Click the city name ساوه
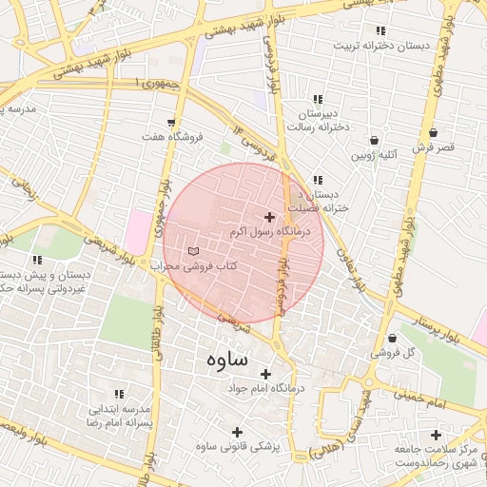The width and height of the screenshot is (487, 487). coord(225,360)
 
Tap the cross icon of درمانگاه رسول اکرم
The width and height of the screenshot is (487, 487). coord(269,218)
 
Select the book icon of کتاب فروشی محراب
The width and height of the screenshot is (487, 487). coord(195,251)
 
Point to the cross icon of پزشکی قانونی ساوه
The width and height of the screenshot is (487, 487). coord(237,432)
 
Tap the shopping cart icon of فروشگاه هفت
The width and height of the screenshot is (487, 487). coord(170,123)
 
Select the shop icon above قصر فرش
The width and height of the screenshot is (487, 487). coord(434,132)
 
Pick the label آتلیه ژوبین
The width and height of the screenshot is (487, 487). coord(374,153)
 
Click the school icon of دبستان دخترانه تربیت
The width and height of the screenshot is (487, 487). coord(380,30)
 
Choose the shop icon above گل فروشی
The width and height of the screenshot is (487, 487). coord(392,339)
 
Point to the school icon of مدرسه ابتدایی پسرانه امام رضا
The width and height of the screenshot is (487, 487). coord(119,394)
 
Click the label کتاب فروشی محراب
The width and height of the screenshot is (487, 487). coord(189,266)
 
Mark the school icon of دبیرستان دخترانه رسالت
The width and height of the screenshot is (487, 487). coord(318,98)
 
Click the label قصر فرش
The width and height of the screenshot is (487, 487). coord(434,147)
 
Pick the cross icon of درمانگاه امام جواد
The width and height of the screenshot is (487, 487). coord(265,374)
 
